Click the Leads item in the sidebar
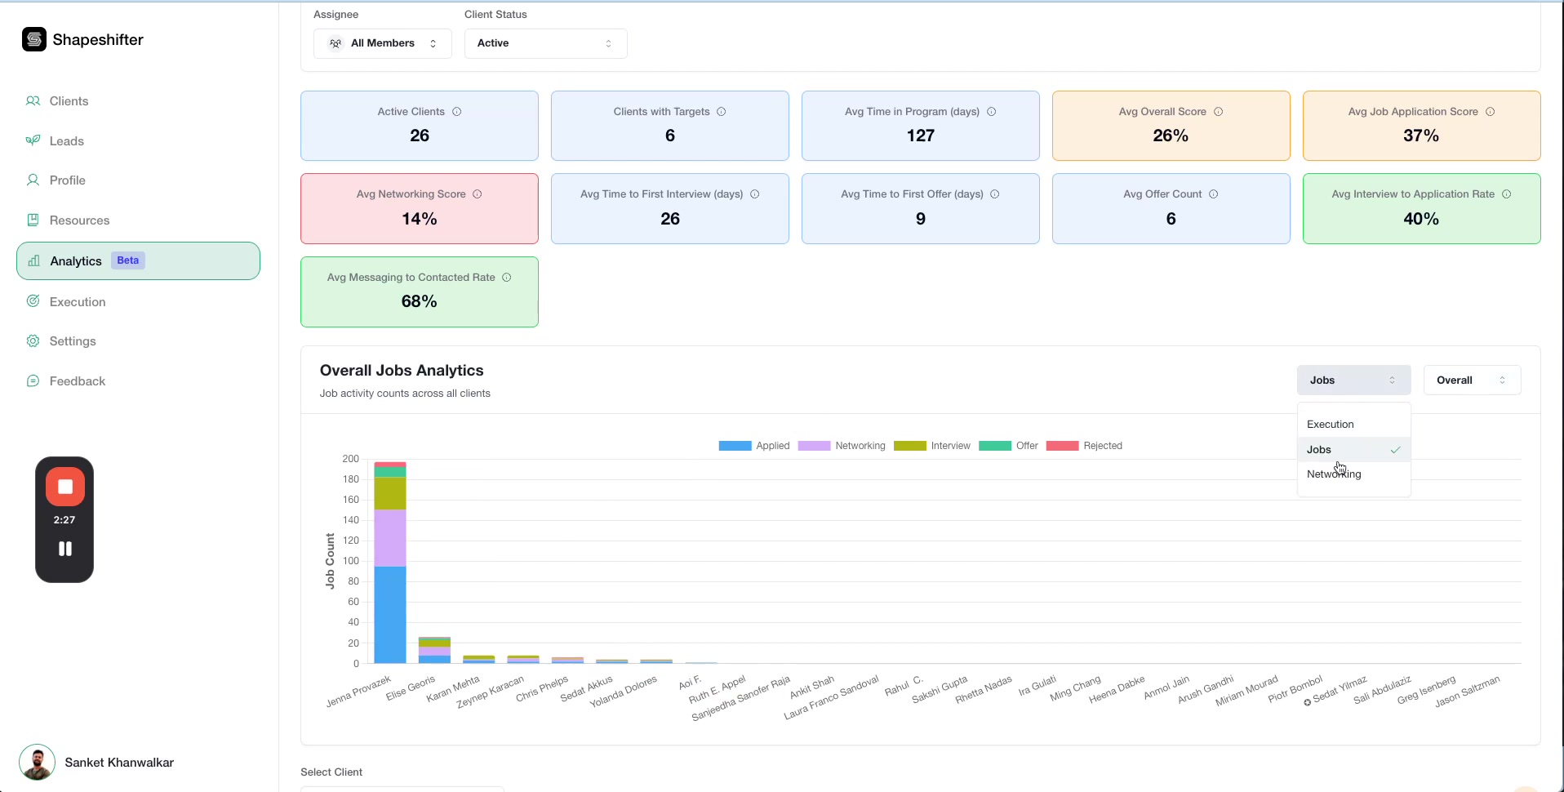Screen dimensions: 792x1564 tap(66, 141)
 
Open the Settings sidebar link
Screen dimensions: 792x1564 tap(72, 341)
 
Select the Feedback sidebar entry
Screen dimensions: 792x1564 tap(77, 381)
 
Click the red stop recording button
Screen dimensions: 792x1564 tap(65, 487)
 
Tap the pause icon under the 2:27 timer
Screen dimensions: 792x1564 tap(65, 549)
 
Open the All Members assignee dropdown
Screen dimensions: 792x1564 tap(382, 43)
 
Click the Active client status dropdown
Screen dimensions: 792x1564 tap(545, 43)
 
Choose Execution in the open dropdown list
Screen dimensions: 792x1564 tap(1330, 425)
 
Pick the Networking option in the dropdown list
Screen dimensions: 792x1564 tap(1334, 474)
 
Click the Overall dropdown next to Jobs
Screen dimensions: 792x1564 tap(1471, 380)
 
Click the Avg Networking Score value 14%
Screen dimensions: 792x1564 tap(420, 219)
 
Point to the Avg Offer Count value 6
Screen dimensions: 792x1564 tap(1171, 219)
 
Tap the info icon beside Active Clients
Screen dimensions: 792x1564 tap(457, 112)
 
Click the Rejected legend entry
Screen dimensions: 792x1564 tap(1084, 446)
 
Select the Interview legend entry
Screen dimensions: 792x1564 tap(932, 446)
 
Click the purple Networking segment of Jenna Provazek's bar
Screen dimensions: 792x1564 tap(390, 537)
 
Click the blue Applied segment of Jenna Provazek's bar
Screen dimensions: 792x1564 tap(390, 614)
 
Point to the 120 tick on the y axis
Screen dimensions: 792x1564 tap(351, 541)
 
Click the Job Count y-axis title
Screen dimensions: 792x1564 tap(330, 561)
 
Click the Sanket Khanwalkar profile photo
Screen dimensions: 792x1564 tap(38, 763)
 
